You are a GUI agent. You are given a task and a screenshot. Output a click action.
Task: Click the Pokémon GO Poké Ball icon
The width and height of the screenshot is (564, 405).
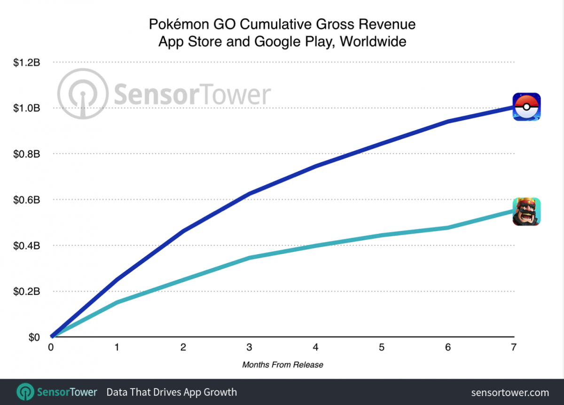526,107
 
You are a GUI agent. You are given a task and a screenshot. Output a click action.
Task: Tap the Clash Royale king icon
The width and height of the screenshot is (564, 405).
526,212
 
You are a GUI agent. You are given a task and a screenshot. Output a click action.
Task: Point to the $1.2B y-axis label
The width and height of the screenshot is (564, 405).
27,63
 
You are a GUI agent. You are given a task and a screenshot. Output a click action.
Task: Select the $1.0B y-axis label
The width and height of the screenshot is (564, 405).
27,108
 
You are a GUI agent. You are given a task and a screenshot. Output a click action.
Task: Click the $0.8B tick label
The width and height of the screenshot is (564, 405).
27,154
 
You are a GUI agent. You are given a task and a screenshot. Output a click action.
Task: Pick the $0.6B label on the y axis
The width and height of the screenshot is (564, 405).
27,200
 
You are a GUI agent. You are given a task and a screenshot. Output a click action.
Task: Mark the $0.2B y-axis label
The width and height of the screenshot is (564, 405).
27,292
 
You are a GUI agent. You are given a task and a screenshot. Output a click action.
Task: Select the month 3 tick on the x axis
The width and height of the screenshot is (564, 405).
249,348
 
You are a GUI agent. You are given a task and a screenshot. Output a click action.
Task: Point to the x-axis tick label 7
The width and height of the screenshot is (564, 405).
514,348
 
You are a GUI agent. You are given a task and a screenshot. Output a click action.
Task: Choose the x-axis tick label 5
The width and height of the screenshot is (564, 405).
382,348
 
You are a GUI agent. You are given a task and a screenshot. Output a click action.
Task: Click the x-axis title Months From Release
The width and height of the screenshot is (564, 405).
282,365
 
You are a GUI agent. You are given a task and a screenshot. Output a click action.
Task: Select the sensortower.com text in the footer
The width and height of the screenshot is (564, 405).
510,392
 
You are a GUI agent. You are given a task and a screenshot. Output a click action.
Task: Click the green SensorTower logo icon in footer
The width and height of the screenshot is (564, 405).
24,392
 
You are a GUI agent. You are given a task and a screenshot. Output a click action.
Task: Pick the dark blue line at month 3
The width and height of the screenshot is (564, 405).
249,193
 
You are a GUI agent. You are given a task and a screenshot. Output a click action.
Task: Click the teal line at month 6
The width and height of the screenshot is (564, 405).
447,228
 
